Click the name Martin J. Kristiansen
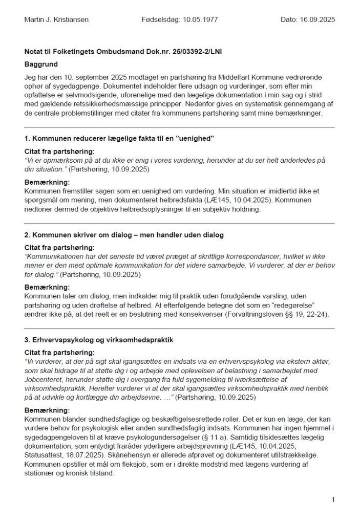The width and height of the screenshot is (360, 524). [57, 20]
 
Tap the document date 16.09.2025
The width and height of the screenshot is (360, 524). [316, 20]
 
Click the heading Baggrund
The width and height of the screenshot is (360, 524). [41, 65]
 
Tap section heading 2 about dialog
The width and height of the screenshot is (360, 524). [123, 235]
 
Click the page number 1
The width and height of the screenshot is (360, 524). [333, 499]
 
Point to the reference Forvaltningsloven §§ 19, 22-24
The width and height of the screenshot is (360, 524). [278, 314]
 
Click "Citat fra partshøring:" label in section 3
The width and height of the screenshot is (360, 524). [59, 353]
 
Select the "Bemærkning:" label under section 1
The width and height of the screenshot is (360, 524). [47, 183]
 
